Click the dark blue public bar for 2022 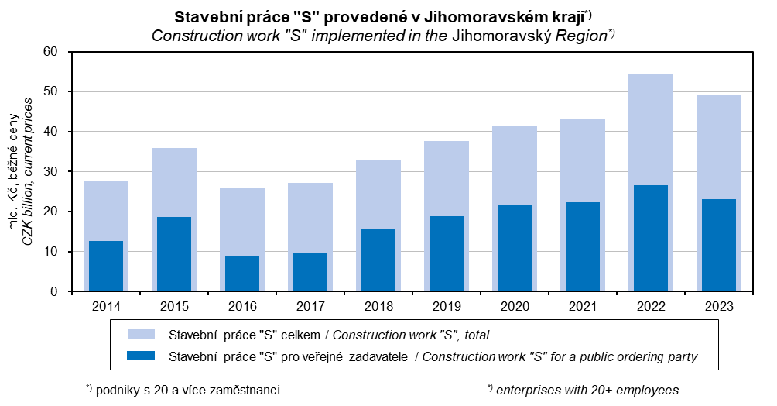point(651,238)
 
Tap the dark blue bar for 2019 point(447,253)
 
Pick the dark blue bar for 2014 point(106,266)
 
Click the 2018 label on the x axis point(378,306)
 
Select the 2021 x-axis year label point(583,306)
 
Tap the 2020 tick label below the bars point(515,306)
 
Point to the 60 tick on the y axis point(51,52)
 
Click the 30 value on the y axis point(51,172)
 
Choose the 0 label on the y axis point(55,292)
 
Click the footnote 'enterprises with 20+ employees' point(584,389)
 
